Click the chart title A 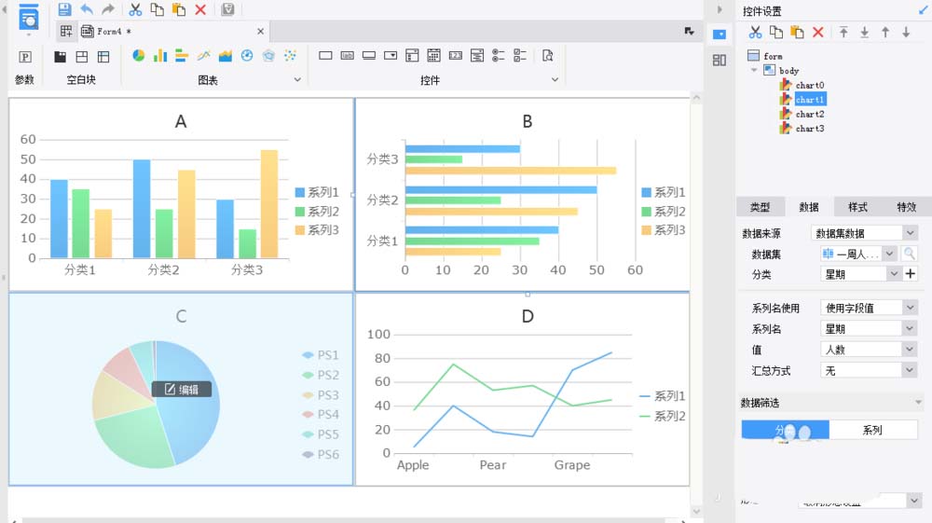tap(181, 121)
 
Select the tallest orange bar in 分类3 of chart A tap(269, 203)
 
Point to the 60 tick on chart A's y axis tap(28, 140)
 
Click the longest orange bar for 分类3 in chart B tap(511, 171)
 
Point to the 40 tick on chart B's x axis tap(558, 270)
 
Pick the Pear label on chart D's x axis tap(493, 464)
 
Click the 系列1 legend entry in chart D tap(662, 396)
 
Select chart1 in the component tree tap(809, 99)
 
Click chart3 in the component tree tap(809, 129)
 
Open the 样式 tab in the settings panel tap(857, 207)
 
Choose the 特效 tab tap(906, 207)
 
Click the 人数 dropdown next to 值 tap(870, 350)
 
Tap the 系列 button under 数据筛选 tap(872, 430)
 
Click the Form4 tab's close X tap(261, 31)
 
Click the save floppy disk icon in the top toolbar tap(64, 9)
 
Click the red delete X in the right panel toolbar tap(817, 33)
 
